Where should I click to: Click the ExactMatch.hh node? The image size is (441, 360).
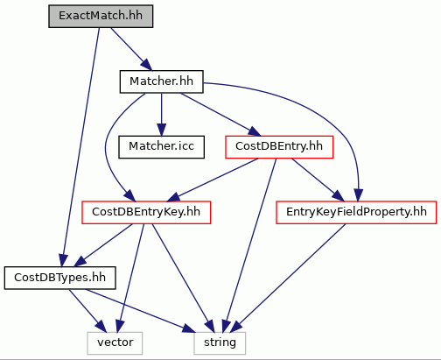point(101,17)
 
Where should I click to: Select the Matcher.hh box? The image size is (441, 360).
point(161,81)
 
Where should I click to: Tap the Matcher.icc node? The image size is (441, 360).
point(161,147)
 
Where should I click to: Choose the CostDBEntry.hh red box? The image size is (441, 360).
point(279,147)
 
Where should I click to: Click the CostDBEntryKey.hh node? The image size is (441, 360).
point(146,213)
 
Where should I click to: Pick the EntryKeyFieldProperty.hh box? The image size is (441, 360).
point(356,213)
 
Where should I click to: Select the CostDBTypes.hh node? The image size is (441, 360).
point(60,278)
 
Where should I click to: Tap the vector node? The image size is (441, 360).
point(115,343)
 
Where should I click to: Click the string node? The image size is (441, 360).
point(220,343)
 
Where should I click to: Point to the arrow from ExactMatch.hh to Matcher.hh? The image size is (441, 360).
point(131,49)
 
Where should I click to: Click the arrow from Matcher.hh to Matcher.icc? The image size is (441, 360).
point(161,115)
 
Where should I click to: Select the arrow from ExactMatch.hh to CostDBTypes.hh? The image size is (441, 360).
point(81,146)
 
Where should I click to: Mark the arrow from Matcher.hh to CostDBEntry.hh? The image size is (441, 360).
point(220,115)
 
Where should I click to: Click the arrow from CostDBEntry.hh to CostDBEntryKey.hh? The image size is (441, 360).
point(213,180)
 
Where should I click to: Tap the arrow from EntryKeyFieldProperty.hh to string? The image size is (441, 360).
point(290,279)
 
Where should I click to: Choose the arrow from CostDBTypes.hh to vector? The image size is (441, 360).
point(87,310)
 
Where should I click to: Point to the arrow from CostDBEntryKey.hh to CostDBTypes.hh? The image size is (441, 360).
point(103,245)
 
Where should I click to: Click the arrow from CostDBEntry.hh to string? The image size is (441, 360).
point(249,245)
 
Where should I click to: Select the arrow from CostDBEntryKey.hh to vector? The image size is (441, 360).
point(131,278)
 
